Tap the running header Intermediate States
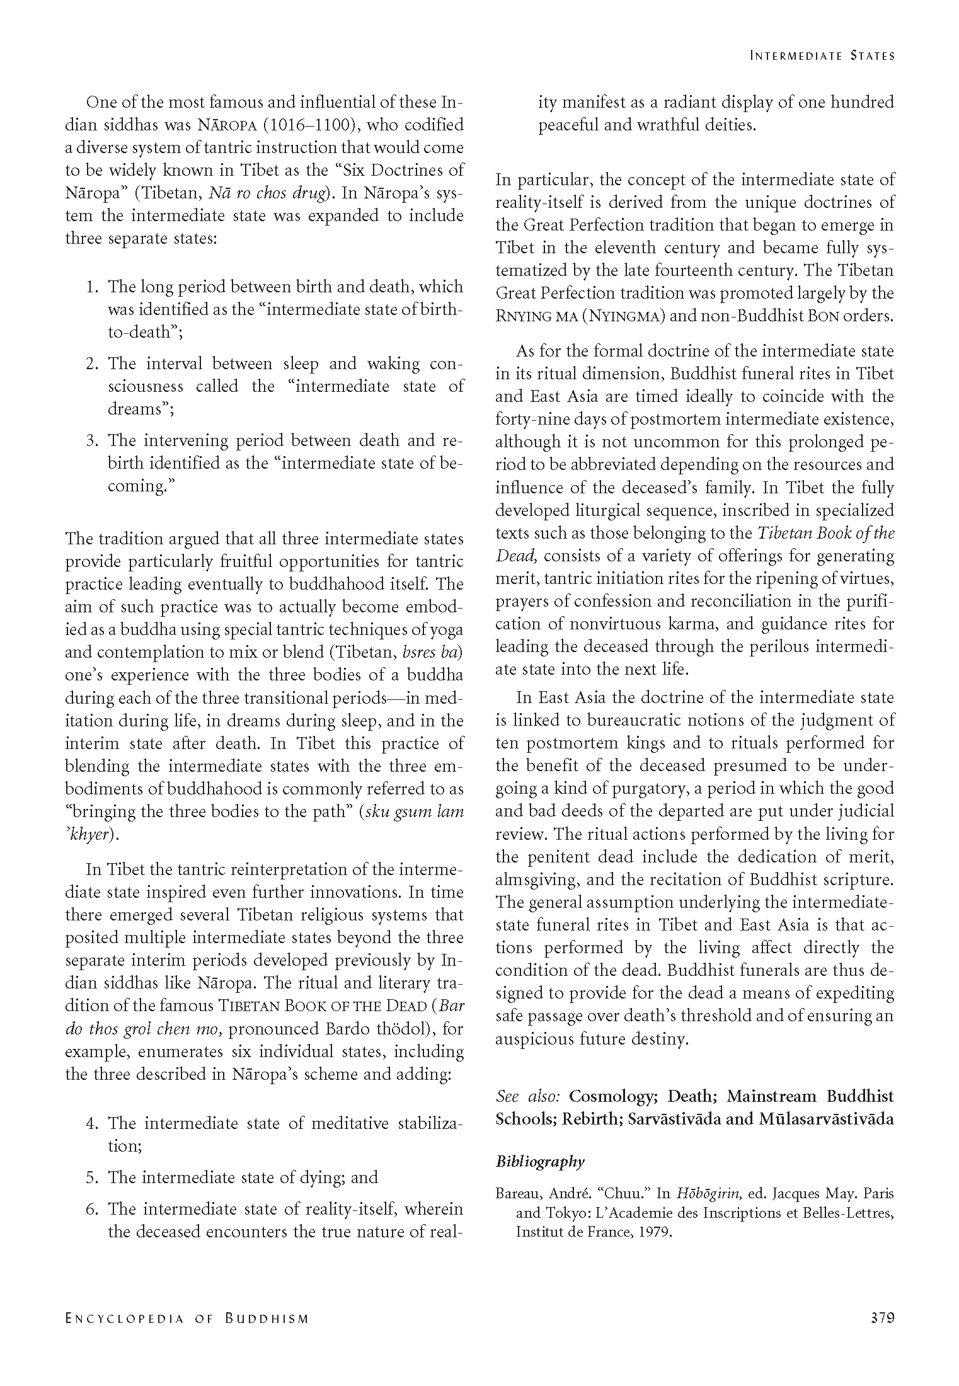coord(822,55)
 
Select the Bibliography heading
coord(540,1162)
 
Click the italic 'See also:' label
coord(528,1097)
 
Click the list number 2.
coord(91,364)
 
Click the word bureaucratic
coord(632,721)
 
